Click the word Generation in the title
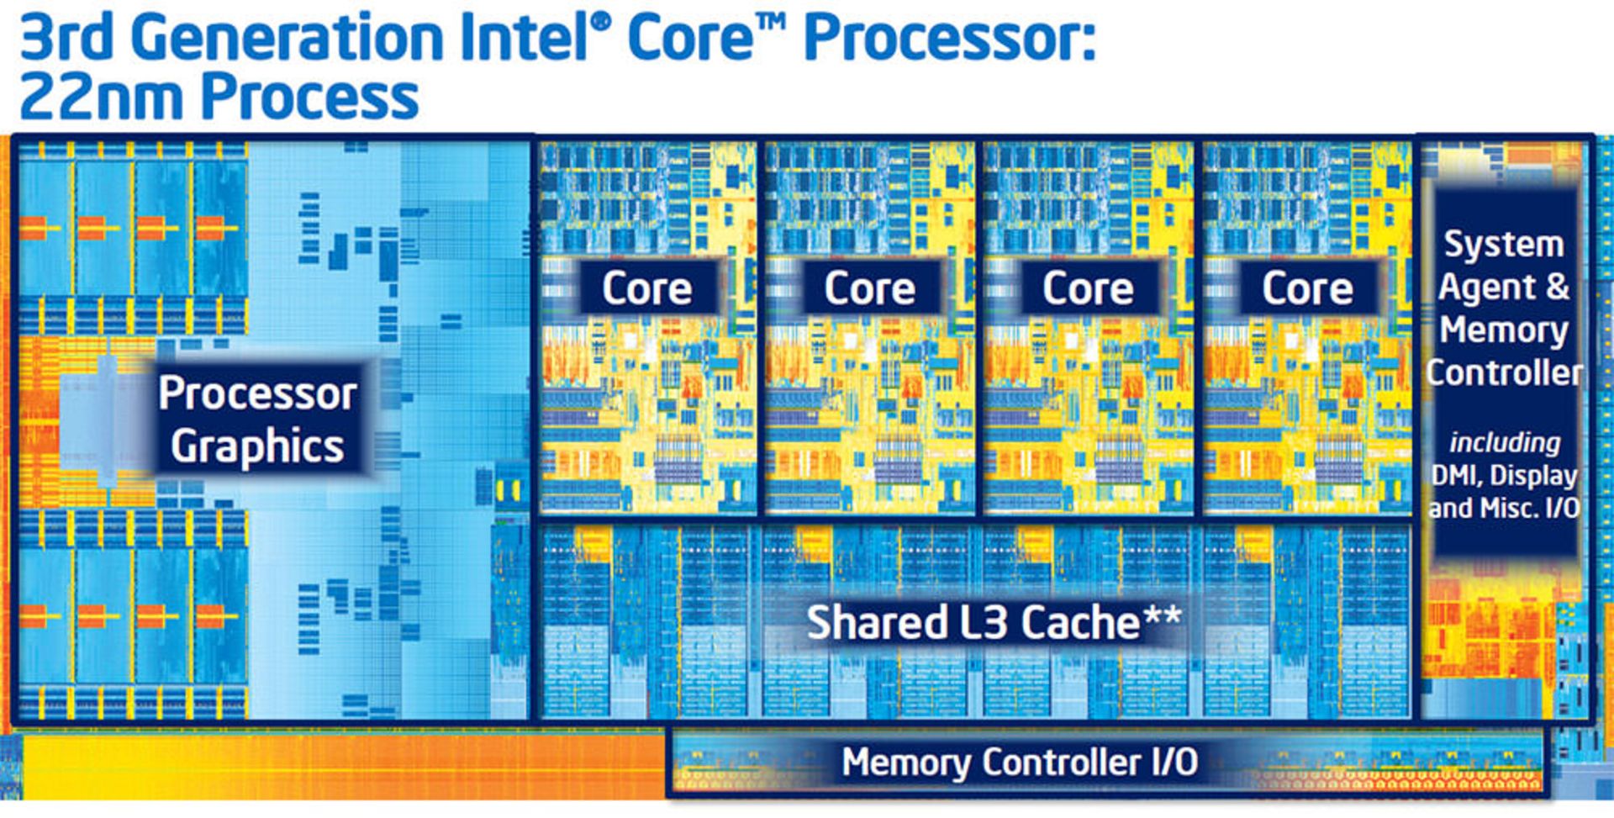point(287,38)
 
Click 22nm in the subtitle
point(101,97)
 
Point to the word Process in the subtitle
point(309,97)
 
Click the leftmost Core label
point(646,288)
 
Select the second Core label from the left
point(869,288)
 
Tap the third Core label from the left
point(1088,288)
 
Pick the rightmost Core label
point(1307,288)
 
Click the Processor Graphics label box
point(258,419)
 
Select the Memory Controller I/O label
point(1020,763)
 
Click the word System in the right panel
point(1504,245)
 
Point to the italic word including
point(1504,442)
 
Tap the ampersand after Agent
point(1558,287)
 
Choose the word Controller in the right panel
point(1504,372)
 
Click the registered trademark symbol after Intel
point(601,23)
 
